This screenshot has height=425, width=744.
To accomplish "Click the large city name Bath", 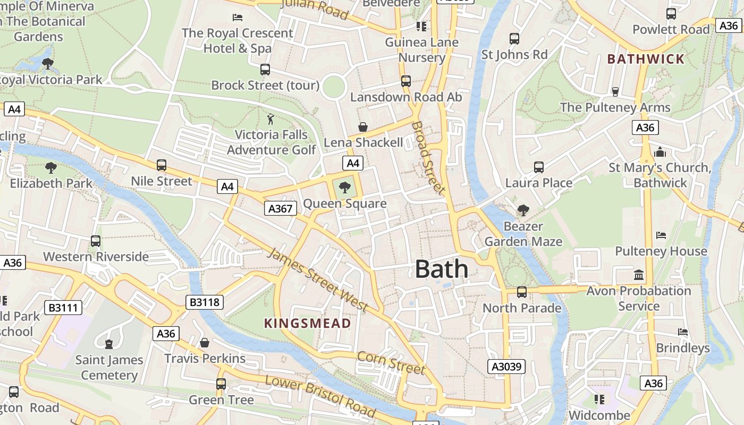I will coord(441,269).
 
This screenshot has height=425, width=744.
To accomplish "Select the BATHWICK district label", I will coord(646,59).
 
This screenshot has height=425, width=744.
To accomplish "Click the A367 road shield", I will coord(280,209).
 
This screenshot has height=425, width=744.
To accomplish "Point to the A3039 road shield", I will coord(507,367).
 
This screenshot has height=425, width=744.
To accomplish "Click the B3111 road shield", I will coord(63,307).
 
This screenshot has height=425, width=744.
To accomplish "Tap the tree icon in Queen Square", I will coord(344,187).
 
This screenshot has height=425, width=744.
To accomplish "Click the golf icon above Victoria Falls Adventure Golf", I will coord(270,119).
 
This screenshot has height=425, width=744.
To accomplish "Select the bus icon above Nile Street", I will coord(162,165).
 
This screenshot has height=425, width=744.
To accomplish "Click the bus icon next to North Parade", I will coord(522,292).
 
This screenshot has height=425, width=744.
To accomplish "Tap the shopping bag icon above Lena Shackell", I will coord(363,126).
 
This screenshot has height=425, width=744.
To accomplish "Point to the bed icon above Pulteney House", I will coord(661,235).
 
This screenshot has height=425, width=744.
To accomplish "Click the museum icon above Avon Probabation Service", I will coord(638,275).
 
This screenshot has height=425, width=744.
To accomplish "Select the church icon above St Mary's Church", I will coord(660,152).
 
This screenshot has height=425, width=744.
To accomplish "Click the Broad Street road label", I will coord(428,157).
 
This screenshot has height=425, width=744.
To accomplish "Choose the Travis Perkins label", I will coord(205,359).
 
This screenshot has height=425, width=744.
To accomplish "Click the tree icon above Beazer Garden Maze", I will coord(523,210).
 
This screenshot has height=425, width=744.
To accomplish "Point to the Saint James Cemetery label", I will coord(109,368).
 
